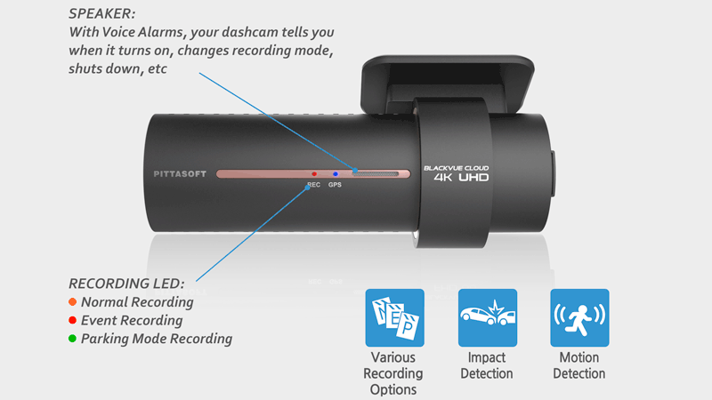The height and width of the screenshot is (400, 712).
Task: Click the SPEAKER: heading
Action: [101, 15]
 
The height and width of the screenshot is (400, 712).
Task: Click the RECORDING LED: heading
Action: [126, 284]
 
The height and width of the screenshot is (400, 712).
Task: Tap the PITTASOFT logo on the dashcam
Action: [174, 174]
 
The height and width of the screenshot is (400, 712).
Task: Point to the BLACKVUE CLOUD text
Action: [456, 166]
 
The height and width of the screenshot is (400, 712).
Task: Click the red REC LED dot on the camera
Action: [314, 174]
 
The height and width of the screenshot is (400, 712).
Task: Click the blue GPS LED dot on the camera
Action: [335, 174]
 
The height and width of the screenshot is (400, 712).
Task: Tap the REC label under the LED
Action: [313, 186]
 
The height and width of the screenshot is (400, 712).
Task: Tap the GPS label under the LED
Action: [335, 186]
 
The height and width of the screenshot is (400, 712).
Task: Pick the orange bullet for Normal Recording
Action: [72, 302]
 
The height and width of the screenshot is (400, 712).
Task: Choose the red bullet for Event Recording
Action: [72, 320]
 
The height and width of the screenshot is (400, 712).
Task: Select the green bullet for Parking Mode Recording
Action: [72, 339]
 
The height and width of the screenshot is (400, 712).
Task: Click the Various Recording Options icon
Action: [394, 317]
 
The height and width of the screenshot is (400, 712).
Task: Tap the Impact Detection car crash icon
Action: [487, 317]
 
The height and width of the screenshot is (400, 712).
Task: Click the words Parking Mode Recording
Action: [156, 339]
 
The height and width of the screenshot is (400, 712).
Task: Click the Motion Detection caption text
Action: [578, 365]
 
